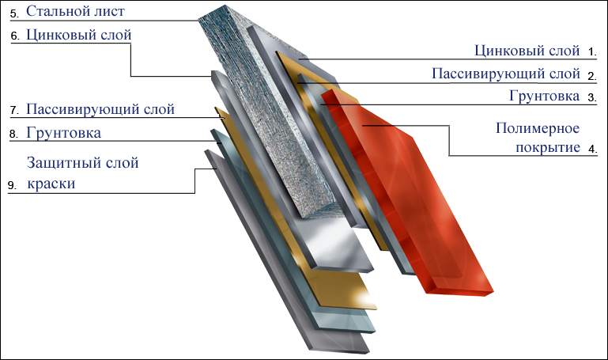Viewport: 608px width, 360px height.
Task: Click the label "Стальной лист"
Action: point(75,11)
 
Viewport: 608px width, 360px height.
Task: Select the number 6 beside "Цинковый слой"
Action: point(15,36)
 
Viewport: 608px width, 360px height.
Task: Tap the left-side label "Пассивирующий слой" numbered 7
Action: point(100,109)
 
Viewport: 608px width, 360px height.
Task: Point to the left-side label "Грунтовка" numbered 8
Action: point(63,133)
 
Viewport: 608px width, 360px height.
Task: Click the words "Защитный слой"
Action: point(82,162)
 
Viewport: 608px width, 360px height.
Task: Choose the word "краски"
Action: point(51,184)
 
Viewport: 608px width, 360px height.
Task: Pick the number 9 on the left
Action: point(12,185)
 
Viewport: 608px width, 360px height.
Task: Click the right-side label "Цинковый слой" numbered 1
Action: point(527,51)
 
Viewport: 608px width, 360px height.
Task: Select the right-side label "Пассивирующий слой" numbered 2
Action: point(506,74)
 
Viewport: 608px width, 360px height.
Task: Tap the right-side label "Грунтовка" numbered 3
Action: point(545,96)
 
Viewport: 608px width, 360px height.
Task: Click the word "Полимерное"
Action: point(538,128)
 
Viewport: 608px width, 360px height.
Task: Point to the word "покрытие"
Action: point(547,147)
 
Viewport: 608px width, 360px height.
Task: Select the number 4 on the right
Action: point(592,149)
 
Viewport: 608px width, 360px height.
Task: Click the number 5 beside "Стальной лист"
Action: point(14,14)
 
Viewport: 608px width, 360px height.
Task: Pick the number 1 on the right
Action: point(592,52)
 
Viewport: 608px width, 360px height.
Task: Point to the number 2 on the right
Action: point(592,76)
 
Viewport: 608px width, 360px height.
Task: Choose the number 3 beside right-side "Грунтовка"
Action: point(592,98)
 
